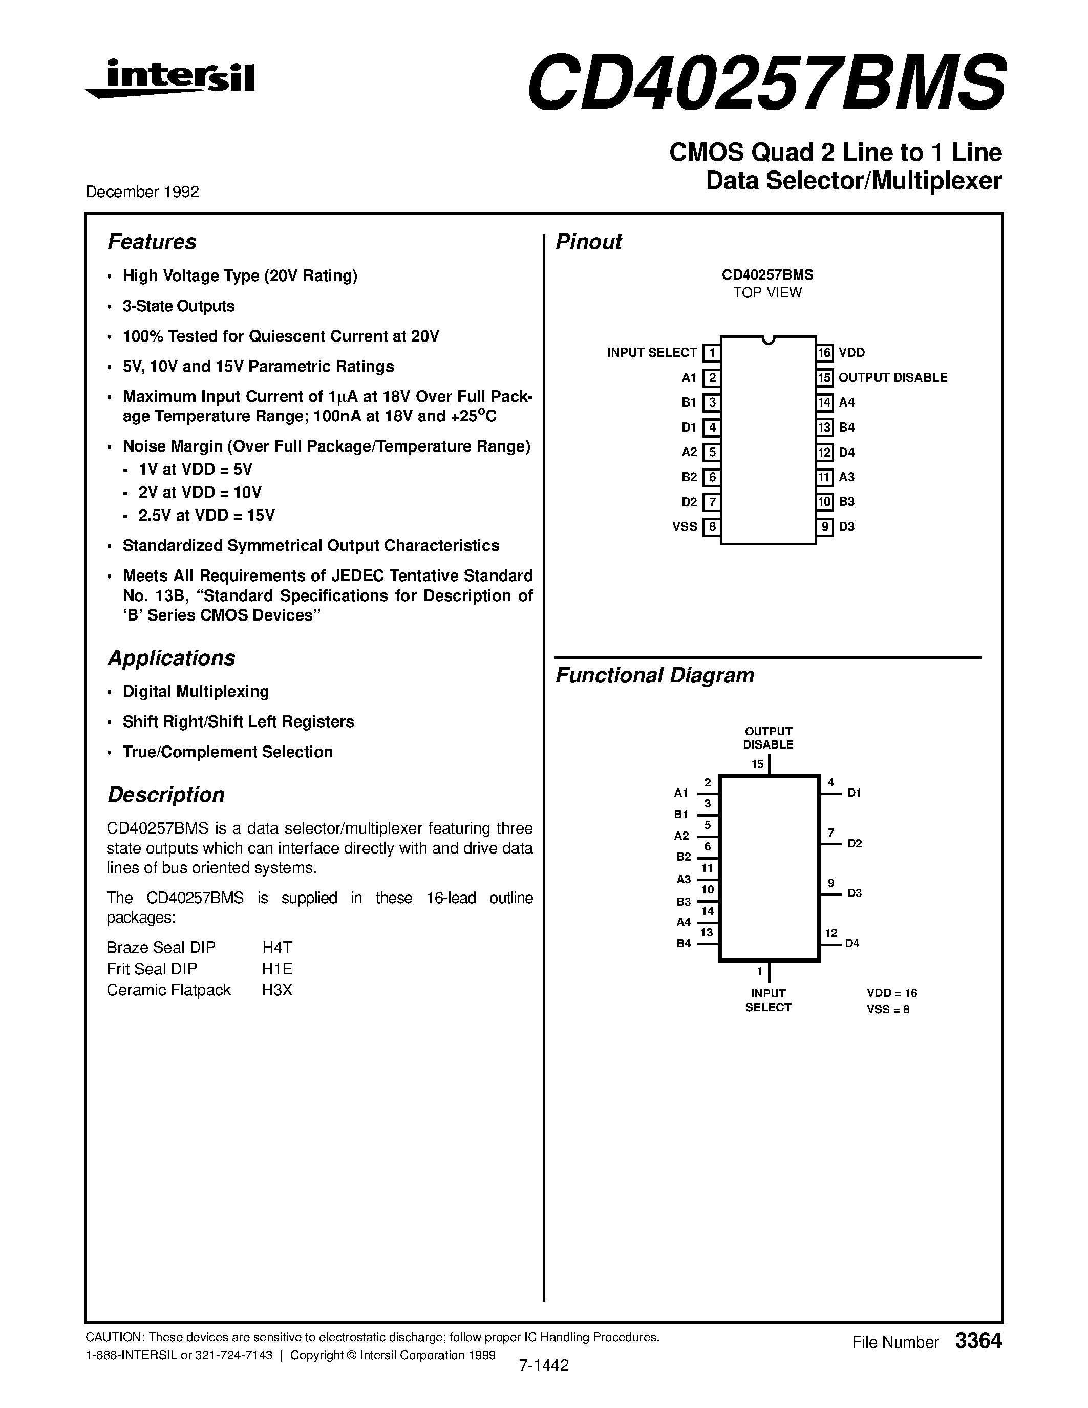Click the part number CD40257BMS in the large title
(x=766, y=82)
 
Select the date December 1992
(x=142, y=192)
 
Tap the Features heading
(x=152, y=242)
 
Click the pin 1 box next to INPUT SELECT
(x=711, y=353)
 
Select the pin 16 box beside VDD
(x=825, y=353)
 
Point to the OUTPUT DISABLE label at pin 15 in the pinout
(x=893, y=378)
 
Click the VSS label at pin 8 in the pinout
(x=685, y=527)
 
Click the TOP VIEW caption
(x=767, y=293)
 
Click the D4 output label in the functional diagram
(x=852, y=943)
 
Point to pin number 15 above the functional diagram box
(x=757, y=764)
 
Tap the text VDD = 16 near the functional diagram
(x=891, y=993)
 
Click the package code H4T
(x=277, y=947)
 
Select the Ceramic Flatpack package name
(x=169, y=990)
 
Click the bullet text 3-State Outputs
(x=179, y=306)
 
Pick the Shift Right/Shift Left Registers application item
(x=239, y=722)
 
